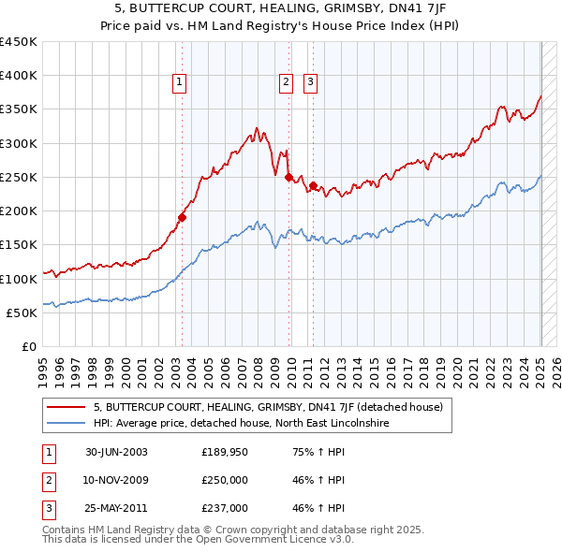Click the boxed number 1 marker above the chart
point(179,82)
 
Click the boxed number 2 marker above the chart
point(285,82)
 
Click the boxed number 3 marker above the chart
point(310,82)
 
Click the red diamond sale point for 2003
point(183,217)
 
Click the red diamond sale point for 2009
point(288,177)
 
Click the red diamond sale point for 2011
point(314,185)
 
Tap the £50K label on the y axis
point(22,312)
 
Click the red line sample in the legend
point(66,407)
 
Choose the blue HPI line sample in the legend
point(66,423)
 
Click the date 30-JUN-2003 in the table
point(116,453)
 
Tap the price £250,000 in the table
point(225,481)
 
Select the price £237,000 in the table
point(225,509)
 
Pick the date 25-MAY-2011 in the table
point(116,509)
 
